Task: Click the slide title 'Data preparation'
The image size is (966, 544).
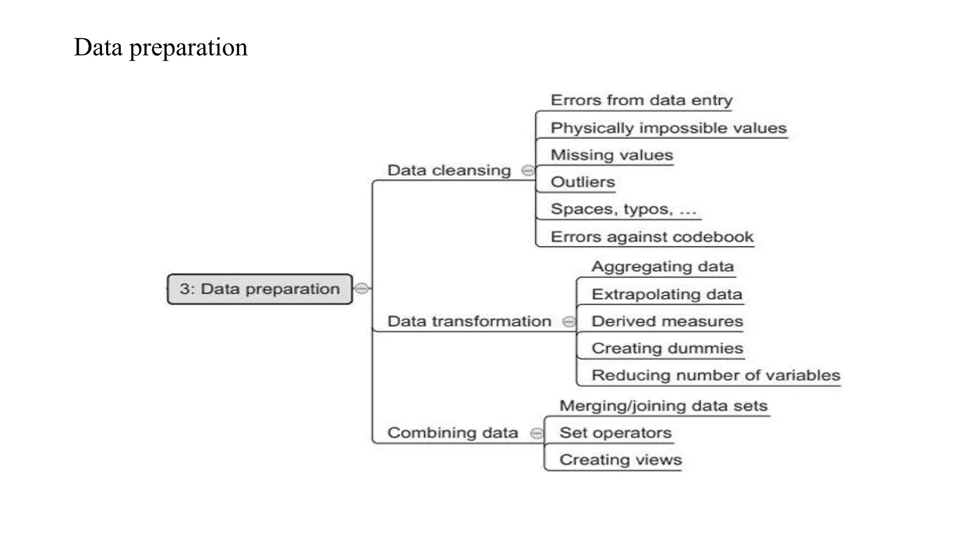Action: coord(160,47)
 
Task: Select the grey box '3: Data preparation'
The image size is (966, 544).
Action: coord(259,289)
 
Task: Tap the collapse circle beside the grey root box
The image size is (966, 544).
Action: coord(362,288)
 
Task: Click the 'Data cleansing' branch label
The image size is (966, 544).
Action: coord(449,170)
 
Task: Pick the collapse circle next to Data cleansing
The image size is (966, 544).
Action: coord(528,170)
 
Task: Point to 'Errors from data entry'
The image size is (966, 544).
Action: coord(641,100)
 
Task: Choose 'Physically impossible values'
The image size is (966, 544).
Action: coord(668,128)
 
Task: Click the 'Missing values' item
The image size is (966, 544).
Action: coord(612,155)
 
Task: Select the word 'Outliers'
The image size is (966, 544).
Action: coord(583,182)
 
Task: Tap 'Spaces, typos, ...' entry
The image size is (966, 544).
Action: coord(623,209)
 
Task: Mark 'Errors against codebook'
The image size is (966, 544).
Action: coord(652,237)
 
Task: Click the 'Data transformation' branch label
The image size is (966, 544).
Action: coord(469,322)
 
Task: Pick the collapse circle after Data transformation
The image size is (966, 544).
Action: coord(569,322)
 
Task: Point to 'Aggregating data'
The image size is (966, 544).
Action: coord(663,267)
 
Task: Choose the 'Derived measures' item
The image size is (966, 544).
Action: coord(667,322)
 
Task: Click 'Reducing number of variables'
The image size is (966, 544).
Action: coord(716,375)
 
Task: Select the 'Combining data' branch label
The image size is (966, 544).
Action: coord(453,433)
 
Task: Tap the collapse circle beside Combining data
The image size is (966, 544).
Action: coord(537,433)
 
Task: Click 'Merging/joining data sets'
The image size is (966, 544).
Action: coord(663,406)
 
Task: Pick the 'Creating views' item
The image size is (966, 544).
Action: coord(620,460)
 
